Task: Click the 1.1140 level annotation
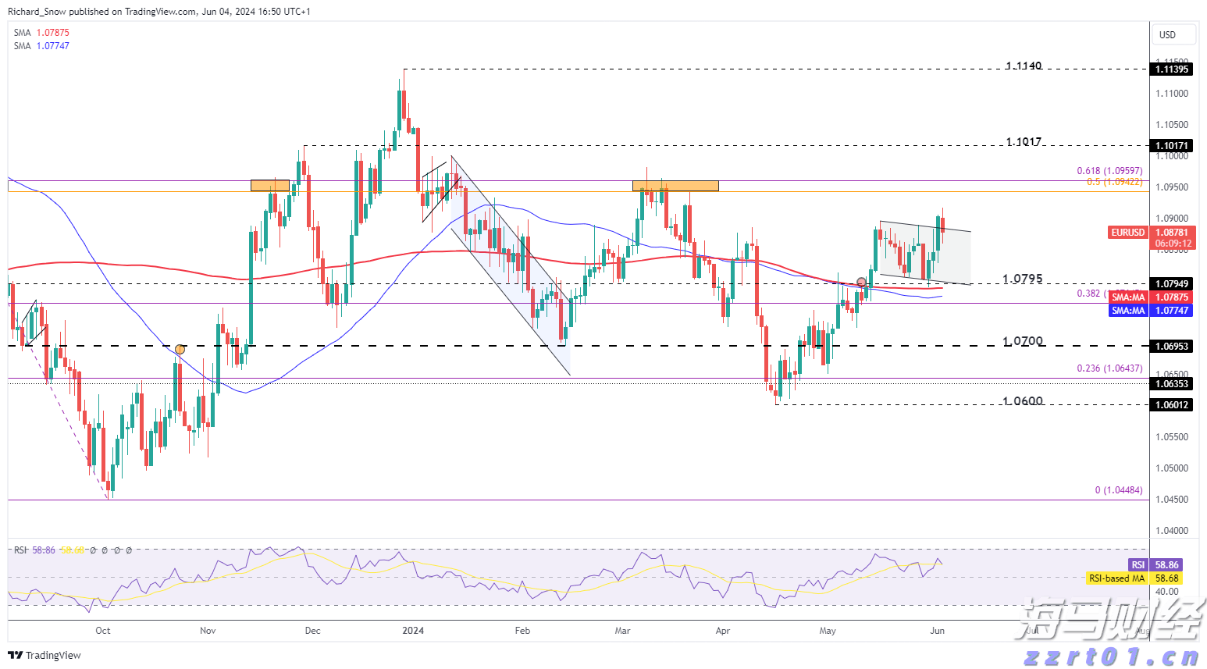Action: (x=1024, y=66)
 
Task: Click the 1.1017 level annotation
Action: (x=1024, y=142)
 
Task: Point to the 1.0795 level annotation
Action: (x=1023, y=279)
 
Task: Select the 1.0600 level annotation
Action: (x=1023, y=401)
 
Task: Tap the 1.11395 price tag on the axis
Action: (x=1172, y=69)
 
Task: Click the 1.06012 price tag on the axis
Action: (x=1172, y=404)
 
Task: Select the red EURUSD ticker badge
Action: (x=1128, y=233)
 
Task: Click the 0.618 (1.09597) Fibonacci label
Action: (x=1109, y=171)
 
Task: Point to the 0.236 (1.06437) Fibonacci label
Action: (x=1109, y=368)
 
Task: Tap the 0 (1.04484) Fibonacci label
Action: (x=1118, y=490)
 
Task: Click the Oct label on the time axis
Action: (x=102, y=631)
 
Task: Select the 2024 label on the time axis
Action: (x=413, y=631)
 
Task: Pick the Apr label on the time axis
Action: (x=723, y=631)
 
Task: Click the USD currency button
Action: (x=1167, y=34)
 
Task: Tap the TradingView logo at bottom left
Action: (x=45, y=655)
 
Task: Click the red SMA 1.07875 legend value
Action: (x=52, y=33)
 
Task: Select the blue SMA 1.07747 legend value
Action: (x=52, y=46)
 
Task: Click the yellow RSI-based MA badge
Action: (x=1116, y=578)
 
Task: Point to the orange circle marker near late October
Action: (x=180, y=349)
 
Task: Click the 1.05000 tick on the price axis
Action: (x=1172, y=468)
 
